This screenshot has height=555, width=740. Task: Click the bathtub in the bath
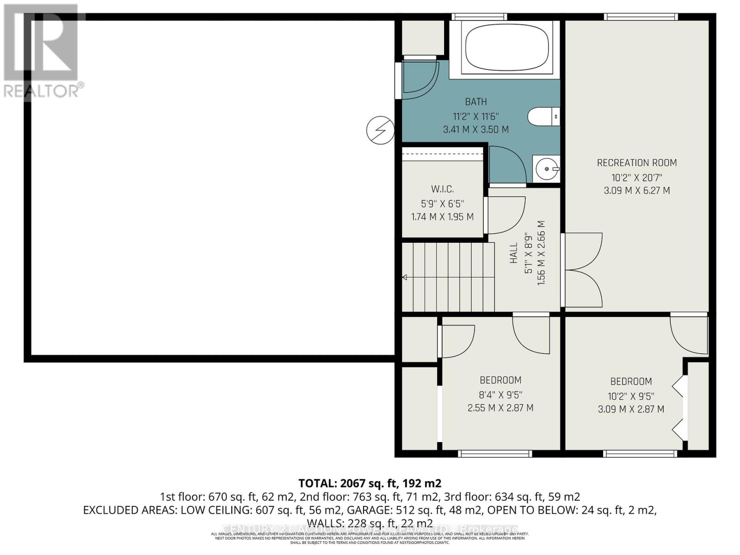point(507,47)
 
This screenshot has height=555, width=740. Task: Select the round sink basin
point(547,169)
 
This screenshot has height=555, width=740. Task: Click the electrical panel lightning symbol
point(380,130)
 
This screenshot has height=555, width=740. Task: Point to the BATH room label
point(475,102)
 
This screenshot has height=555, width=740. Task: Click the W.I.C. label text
point(442,189)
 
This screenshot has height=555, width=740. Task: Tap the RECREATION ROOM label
point(636,163)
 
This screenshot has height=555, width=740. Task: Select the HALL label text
point(514,253)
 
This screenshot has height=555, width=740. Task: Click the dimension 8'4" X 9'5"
point(500,395)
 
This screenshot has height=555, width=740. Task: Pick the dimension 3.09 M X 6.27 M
point(636,190)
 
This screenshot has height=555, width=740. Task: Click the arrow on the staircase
point(405,277)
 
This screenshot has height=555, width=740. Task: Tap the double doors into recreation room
point(582,270)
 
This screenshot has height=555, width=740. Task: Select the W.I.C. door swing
point(505,215)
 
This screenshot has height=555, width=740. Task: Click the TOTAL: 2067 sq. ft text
point(370,483)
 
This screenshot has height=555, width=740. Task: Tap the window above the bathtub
point(479,17)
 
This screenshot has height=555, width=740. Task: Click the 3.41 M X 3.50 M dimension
point(475,129)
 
